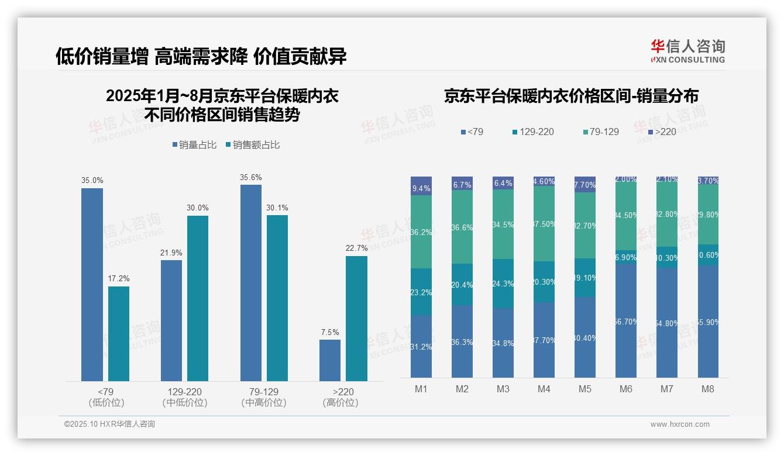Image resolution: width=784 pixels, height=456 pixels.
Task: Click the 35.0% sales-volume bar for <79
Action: [92, 285]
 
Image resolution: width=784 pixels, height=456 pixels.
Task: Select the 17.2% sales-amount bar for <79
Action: [119, 334]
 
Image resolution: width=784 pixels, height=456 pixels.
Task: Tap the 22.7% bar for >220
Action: [356, 319]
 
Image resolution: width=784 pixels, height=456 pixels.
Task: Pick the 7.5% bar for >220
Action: [330, 360]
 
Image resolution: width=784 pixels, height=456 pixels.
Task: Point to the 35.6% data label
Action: [251, 177]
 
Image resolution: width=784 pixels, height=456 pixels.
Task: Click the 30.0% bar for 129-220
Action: [198, 298]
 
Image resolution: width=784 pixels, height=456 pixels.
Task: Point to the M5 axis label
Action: [585, 389]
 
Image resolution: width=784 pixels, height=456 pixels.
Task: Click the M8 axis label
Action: [707, 389]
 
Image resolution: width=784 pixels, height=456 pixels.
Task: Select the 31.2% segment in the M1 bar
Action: [421, 347]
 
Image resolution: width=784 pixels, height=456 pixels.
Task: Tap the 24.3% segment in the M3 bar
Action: [503, 284]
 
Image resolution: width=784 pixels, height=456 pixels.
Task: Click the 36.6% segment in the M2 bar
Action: [462, 227]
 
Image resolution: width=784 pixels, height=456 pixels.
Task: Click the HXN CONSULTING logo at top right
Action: [687, 51]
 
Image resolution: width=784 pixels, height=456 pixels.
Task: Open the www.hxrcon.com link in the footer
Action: [680, 424]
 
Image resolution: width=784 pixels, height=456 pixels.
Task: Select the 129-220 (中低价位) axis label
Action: [184, 397]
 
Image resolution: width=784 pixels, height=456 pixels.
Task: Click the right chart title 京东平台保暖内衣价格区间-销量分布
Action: [571, 96]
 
